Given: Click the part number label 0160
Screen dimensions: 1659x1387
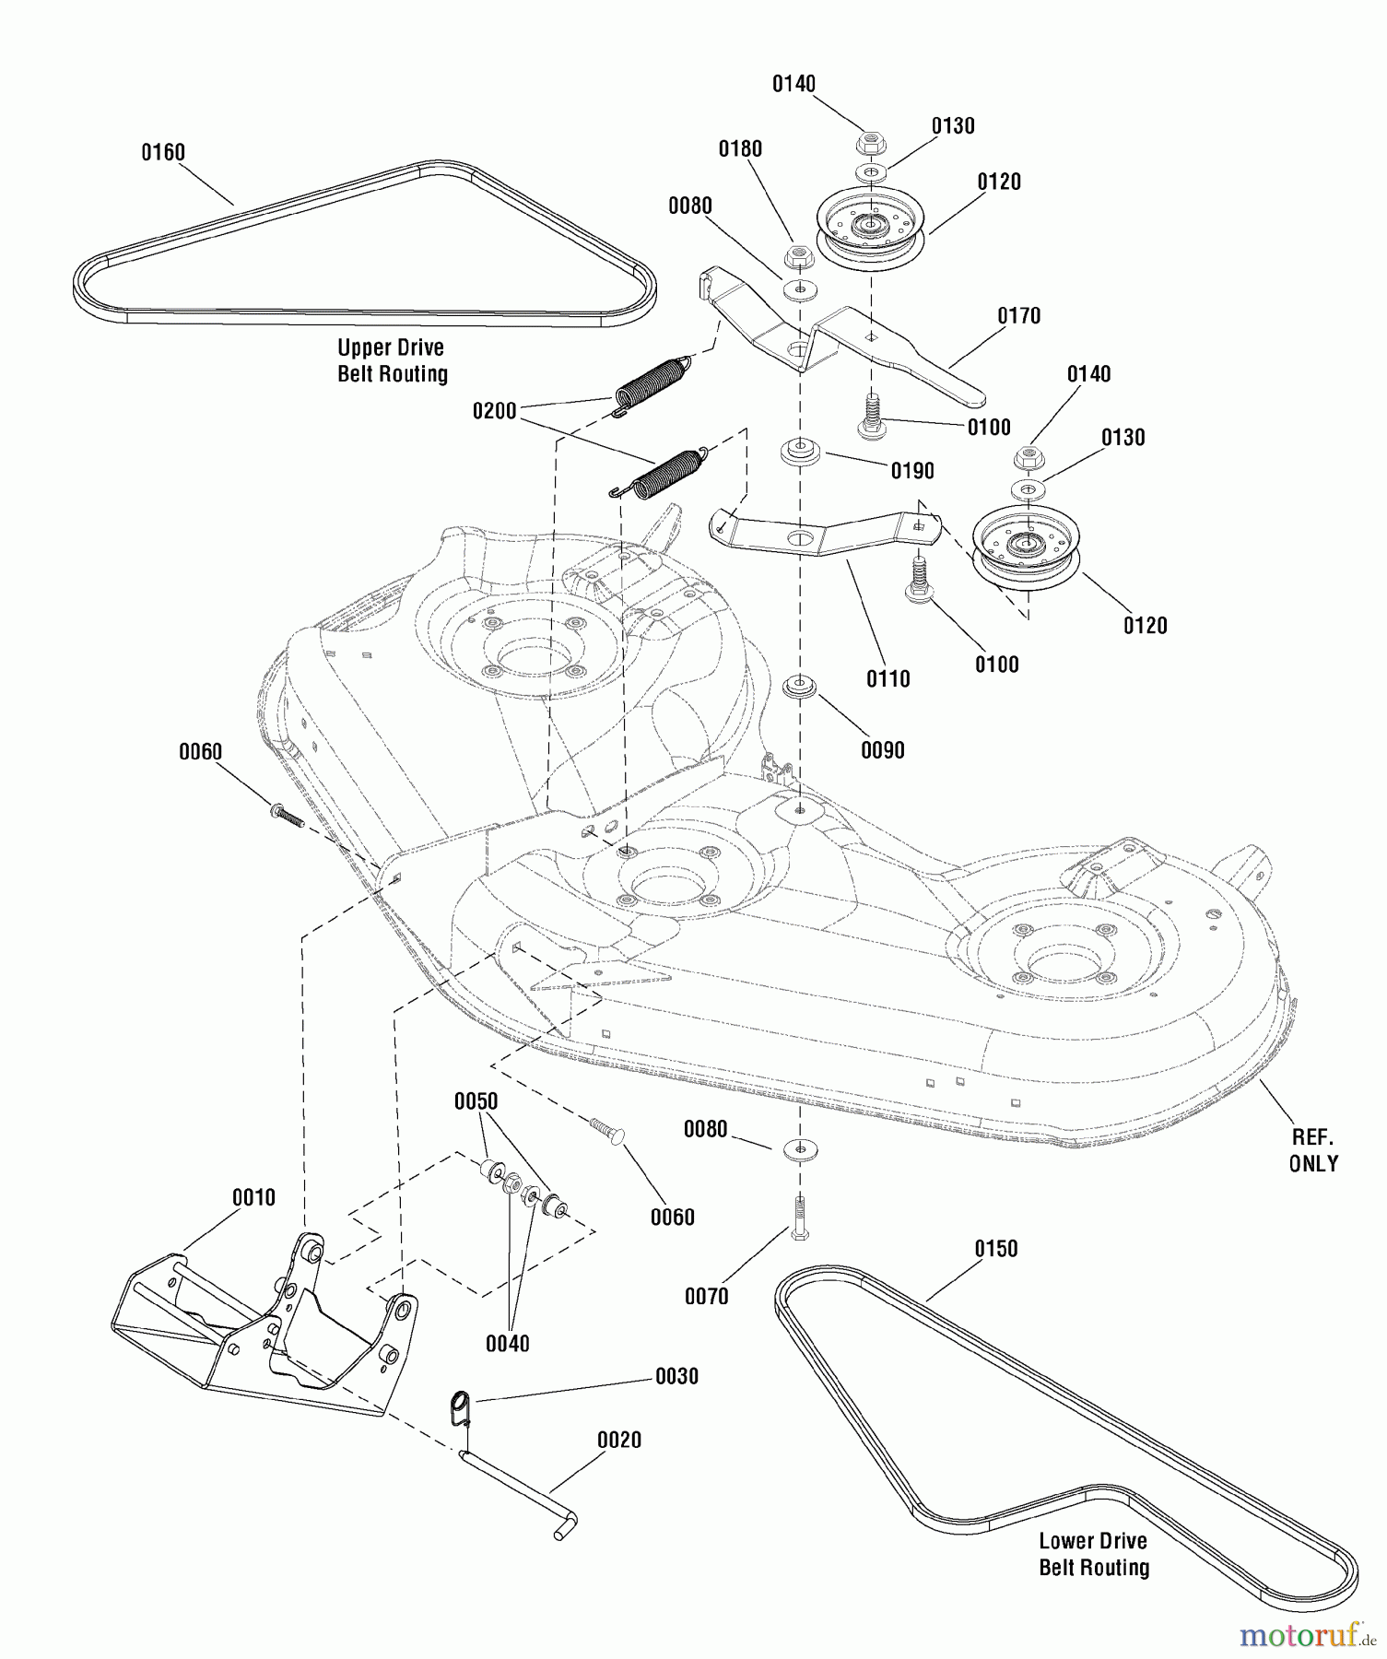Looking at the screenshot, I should [x=163, y=152].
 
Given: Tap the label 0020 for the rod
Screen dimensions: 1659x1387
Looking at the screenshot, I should [x=619, y=1440].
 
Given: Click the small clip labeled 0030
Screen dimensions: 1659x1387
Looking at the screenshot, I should [x=461, y=1408].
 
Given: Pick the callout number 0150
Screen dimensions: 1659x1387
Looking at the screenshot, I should [x=996, y=1249].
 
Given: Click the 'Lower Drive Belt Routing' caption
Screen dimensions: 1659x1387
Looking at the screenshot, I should [x=1094, y=1554].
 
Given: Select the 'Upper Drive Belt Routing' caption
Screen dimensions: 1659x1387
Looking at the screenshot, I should [x=392, y=360].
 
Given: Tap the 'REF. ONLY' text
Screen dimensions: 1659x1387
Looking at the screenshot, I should [x=1313, y=1150].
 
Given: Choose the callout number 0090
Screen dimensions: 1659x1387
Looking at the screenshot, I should [x=883, y=750].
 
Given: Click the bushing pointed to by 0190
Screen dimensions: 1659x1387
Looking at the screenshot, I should [x=800, y=453].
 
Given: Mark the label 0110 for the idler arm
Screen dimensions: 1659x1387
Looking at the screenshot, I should [x=888, y=679].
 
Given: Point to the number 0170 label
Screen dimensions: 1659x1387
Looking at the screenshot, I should [x=1019, y=316].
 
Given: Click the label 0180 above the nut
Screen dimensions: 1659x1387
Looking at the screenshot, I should [x=741, y=149].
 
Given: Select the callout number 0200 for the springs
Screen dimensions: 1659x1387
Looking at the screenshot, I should [x=495, y=411].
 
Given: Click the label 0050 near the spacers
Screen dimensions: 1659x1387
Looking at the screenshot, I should [x=476, y=1101].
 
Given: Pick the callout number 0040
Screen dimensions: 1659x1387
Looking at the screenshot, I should [x=508, y=1344].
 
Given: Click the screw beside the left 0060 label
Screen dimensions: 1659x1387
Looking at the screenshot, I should [x=287, y=815].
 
